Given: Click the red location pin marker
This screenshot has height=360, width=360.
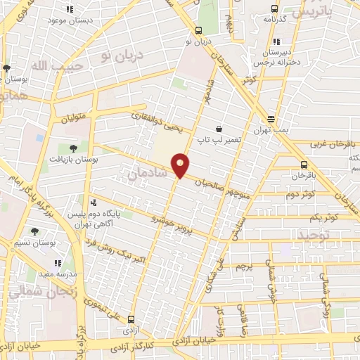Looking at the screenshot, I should [181, 164].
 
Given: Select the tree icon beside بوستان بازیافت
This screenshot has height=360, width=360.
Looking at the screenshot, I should [73, 148].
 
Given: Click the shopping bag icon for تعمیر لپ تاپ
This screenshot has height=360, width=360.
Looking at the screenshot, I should [219, 129].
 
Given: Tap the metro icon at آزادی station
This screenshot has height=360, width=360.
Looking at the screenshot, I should [131, 319].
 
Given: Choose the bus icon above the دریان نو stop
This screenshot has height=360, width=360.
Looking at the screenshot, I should [199, 30].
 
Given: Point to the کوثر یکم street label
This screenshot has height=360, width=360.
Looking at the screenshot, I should [328, 217].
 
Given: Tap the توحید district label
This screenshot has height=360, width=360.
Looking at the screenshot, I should [313, 233].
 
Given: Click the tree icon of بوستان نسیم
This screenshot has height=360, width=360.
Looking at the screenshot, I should [34, 231].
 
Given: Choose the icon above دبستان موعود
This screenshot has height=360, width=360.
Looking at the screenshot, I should [70, 9].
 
